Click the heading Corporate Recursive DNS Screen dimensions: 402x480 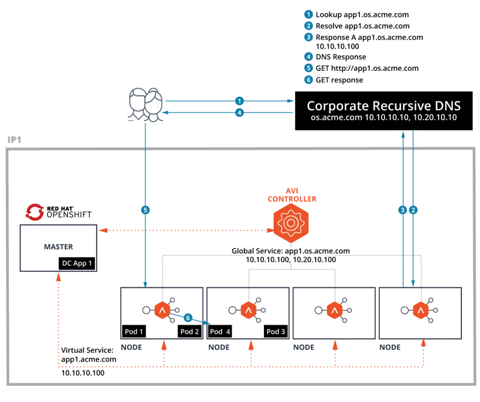point(384,106)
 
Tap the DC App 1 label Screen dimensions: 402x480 point(77,263)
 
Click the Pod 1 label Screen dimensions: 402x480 point(133,332)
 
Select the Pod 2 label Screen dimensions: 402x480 point(189,332)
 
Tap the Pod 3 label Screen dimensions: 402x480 point(275,332)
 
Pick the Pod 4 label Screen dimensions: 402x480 point(220,332)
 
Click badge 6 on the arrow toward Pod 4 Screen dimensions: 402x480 point(188,317)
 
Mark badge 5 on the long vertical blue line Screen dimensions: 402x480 point(145,210)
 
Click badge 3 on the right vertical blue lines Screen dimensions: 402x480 point(403,210)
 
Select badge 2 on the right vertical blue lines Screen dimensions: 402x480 point(413,210)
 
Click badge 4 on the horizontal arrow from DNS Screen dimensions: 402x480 point(239,112)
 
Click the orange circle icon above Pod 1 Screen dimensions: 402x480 point(161,310)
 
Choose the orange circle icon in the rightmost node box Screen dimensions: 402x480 point(420,310)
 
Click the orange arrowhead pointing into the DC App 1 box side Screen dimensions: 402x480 point(103,229)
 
